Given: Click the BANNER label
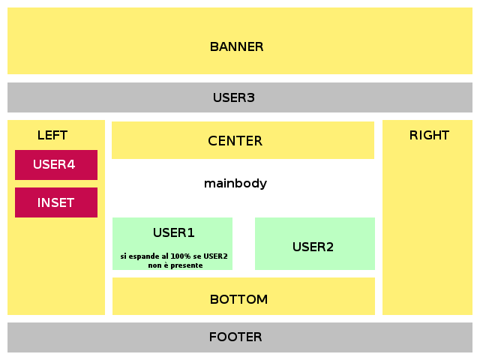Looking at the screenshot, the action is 236,46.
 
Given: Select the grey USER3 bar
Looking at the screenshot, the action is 240,97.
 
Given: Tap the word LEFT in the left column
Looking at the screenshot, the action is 52,135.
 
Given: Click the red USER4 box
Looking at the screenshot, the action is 56,165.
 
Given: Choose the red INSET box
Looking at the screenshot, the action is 56,202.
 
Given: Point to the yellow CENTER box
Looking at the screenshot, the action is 243,140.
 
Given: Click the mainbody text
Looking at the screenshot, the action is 235,184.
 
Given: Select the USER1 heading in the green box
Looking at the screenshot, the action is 173,232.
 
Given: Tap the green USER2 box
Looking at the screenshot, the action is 315,244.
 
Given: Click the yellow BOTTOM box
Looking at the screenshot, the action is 244,296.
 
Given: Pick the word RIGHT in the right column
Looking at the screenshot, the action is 429,135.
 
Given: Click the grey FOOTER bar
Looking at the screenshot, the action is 240,337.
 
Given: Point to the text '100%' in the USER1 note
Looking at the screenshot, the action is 180,256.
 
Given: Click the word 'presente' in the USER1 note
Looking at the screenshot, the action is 187,265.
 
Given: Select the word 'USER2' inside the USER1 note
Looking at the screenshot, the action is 215,256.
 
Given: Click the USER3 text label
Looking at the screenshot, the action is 233,97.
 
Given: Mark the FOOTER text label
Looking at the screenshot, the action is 235,337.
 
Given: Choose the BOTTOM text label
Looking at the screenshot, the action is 238,299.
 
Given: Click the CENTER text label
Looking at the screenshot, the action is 235,141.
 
